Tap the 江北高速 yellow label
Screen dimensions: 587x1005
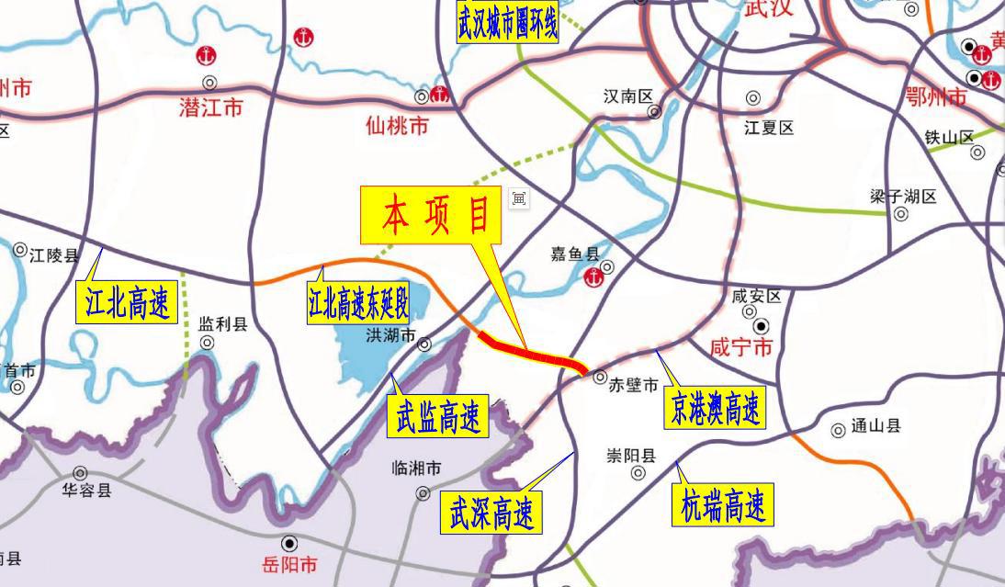click(126, 303)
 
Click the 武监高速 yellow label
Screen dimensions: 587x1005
click(438, 418)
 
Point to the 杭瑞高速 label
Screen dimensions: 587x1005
click(724, 506)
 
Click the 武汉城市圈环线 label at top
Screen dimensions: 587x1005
click(507, 23)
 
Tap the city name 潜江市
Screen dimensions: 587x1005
click(211, 108)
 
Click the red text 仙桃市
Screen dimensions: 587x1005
click(397, 126)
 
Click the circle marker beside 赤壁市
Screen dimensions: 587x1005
click(599, 377)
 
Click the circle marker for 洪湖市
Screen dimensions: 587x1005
click(424, 345)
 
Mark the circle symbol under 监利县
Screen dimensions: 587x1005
click(208, 343)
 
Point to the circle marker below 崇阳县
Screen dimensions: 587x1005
click(638, 473)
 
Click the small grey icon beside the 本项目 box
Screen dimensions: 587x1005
click(519, 198)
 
